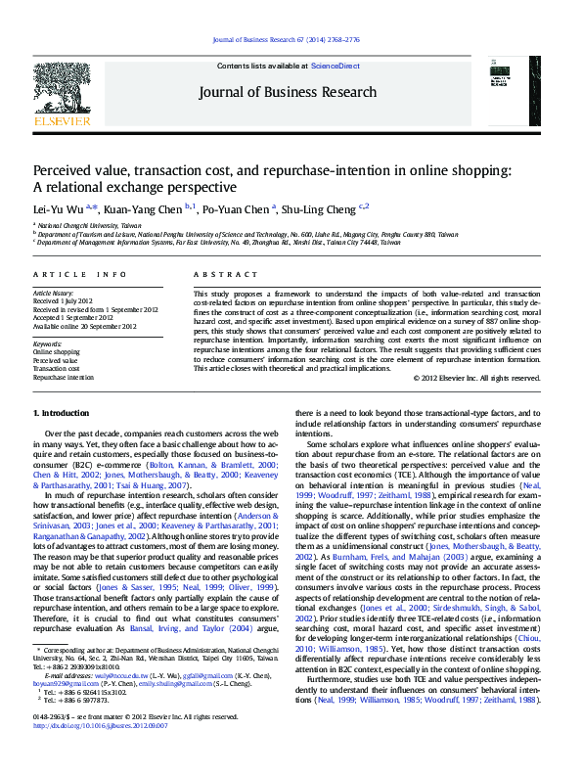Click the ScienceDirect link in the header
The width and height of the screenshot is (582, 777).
pyautogui.click(x=335, y=66)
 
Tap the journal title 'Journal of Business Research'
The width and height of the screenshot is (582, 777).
pyautogui.click(x=287, y=92)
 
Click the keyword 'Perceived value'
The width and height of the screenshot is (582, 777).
pyautogui.click(x=54, y=361)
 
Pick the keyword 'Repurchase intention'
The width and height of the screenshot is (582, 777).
pyautogui.click(x=64, y=377)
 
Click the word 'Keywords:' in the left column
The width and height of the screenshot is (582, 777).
pyautogui.click(x=47, y=344)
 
